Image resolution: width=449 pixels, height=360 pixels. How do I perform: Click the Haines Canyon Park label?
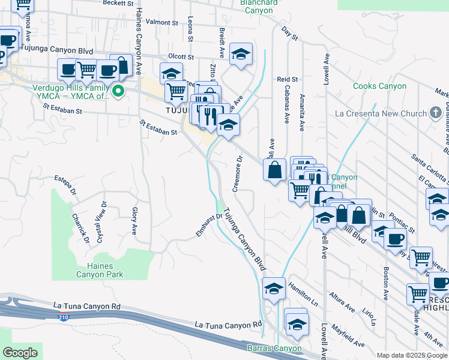coord(100,270)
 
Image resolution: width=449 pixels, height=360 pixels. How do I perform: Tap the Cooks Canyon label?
coord(380,86)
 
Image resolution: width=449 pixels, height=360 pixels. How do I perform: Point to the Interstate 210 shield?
coord(63,316)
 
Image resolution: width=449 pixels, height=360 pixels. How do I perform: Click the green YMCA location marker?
coord(118,91)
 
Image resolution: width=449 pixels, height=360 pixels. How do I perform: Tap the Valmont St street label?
coord(162,22)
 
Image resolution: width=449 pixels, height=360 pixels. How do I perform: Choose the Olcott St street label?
coord(181,57)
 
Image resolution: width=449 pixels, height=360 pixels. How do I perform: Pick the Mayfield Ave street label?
coord(349,334)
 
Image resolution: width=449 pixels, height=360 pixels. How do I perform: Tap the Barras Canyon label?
coord(274,349)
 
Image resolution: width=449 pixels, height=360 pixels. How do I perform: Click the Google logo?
coord(20,353)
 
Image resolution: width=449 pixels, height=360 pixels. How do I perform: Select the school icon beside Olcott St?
coord(241,55)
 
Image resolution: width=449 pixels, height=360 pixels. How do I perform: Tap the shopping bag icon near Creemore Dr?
coord(274,170)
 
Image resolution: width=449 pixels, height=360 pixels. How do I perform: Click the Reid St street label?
coord(288,79)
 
